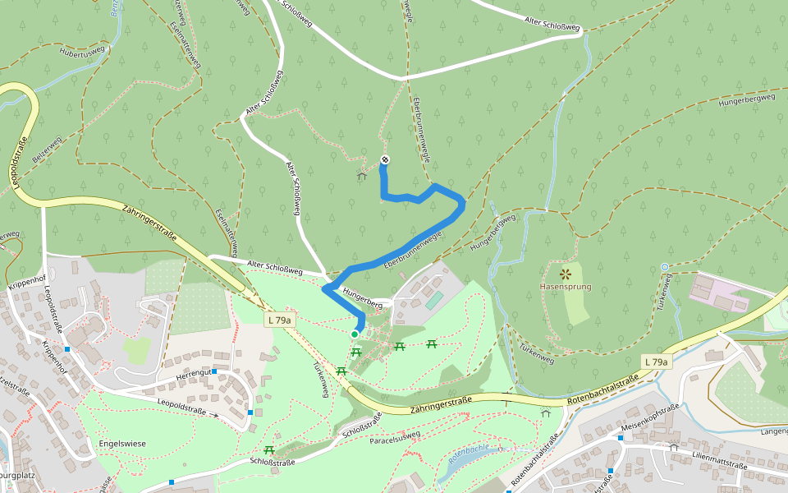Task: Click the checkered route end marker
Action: pyautogui.click(x=384, y=159)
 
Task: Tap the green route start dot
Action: pyautogui.click(x=355, y=334)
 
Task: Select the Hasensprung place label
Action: pyautogui.click(x=565, y=287)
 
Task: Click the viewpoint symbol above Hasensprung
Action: pyautogui.click(x=565, y=273)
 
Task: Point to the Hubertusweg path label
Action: pyautogui.click(x=82, y=52)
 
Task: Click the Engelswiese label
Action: pyautogui.click(x=121, y=444)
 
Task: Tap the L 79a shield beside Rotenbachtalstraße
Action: pyautogui.click(x=656, y=362)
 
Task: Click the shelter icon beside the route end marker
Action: pyautogui.click(x=361, y=175)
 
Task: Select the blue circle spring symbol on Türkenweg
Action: pyautogui.click(x=664, y=267)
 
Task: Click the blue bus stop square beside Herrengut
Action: pyautogui.click(x=213, y=371)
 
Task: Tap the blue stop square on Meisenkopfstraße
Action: pyautogui.click(x=620, y=438)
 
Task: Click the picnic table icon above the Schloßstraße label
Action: pyautogui.click(x=269, y=449)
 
